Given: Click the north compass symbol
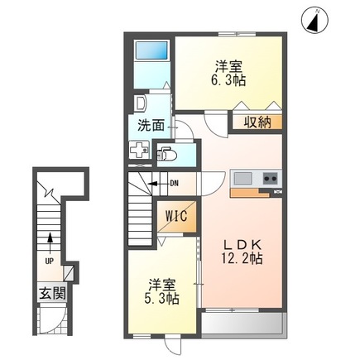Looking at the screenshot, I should [315, 22].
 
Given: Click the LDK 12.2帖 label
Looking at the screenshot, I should [242, 251].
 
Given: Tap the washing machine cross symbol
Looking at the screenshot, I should [138, 152].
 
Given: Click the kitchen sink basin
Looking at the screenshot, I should [242, 179].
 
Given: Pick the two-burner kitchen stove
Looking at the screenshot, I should [271, 179].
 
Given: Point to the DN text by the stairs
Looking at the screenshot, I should [174, 184].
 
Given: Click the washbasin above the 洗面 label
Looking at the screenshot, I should [141, 104].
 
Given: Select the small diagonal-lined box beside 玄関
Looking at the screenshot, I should [72, 273].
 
